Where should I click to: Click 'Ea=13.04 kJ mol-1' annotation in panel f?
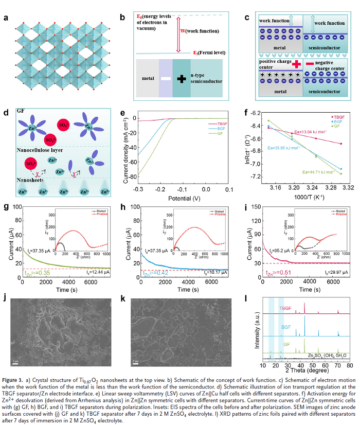click(x=293, y=131)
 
